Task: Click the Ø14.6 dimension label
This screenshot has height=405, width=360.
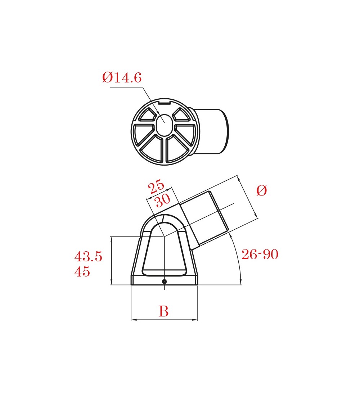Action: tap(122, 77)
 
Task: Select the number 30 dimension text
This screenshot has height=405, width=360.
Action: tap(163, 200)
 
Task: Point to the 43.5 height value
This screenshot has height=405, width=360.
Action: tap(88, 256)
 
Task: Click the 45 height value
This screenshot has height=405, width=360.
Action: tap(82, 271)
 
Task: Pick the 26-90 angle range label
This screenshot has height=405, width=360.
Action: tap(260, 254)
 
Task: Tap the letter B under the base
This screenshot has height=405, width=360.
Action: tap(163, 311)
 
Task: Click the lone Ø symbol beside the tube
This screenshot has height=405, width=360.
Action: tap(262, 190)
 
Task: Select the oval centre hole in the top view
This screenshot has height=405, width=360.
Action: tap(165, 125)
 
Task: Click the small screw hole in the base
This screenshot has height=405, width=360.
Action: tap(164, 281)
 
